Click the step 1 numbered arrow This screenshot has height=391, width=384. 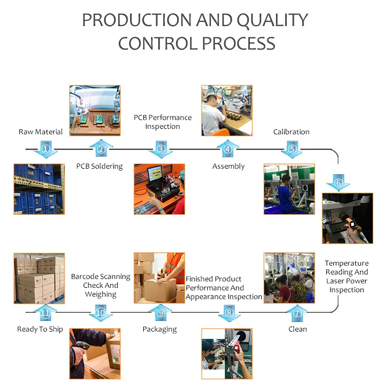pyautogui.click(x=45, y=149)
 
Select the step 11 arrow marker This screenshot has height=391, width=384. pyautogui.click(x=45, y=312)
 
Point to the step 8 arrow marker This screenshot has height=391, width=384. pyautogui.click(x=229, y=312)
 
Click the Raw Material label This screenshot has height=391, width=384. pyautogui.click(x=40, y=132)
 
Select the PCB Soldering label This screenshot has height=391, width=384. pyautogui.click(x=99, y=166)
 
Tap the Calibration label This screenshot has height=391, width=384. pyautogui.click(x=291, y=132)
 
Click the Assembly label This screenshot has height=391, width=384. pyautogui.click(x=228, y=166)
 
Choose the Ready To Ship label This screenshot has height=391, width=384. pyautogui.click(x=40, y=329)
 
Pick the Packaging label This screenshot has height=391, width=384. pyautogui.click(x=160, y=329)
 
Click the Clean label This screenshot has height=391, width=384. pyautogui.click(x=297, y=329)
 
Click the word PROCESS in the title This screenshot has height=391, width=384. pyautogui.click(x=238, y=43)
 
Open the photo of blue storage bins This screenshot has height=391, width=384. pyautogui.click(x=39, y=189)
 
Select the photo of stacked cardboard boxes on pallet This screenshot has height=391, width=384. pyautogui.click(x=39, y=278)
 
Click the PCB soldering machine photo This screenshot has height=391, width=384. pyautogui.click(x=95, y=110)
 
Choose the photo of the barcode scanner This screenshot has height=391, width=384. pyautogui.click(x=95, y=354)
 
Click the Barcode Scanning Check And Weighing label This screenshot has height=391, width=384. pyautogui.click(x=100, y=285)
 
